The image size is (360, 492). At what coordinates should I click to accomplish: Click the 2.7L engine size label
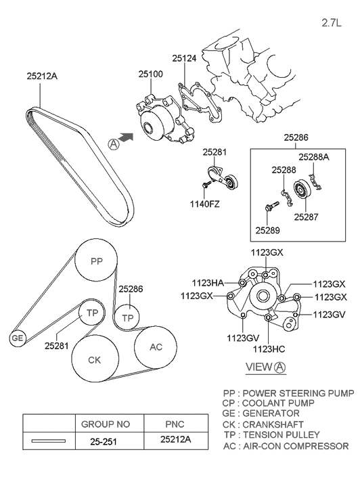click(x=334, y=22)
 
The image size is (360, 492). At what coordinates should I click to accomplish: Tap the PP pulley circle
click(x=96, y=261)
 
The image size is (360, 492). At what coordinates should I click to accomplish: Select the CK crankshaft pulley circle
click(x=94, y=359)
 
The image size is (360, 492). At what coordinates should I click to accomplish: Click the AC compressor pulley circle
click(x=156, y=347)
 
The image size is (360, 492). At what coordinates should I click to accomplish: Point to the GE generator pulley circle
click(x=16, y=338)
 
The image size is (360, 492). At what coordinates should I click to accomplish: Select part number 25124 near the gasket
click(x=183, y=59)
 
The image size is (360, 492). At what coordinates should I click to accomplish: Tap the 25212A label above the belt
click(x=42, y=76)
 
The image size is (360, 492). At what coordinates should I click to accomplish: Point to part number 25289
click(x=267, y=229)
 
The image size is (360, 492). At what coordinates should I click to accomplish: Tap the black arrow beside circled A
click(x=126, y=137)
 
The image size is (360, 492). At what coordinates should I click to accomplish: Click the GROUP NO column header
click(x=106, y=424)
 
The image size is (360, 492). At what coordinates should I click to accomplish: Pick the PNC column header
click(x=175, y=424)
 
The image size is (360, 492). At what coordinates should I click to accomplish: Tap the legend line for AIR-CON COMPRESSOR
click(x=286, y=446)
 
